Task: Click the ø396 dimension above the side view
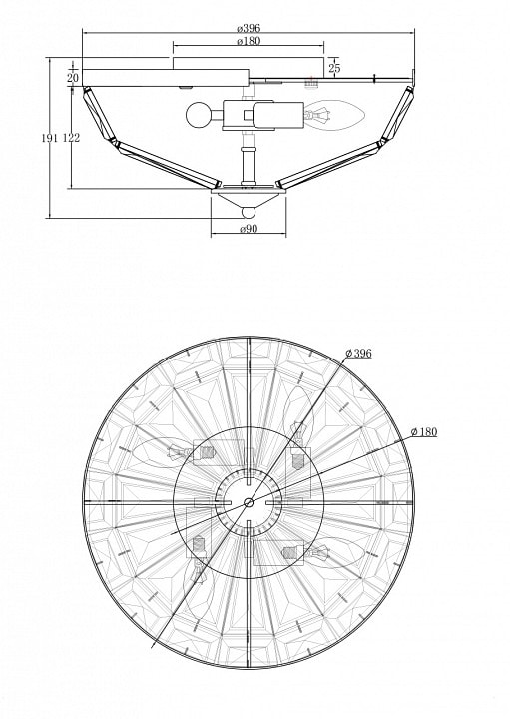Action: click(249, 28)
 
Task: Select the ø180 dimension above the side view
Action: click(249, 41)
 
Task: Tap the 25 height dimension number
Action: click(335, 68)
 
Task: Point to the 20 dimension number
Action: click(73, 78)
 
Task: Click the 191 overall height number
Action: click(50, 138)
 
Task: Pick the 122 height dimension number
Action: click(72, 138)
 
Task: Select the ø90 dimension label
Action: click(249, 229)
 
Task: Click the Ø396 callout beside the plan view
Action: click(358, 354)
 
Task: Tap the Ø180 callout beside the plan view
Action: click(424, 432)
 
